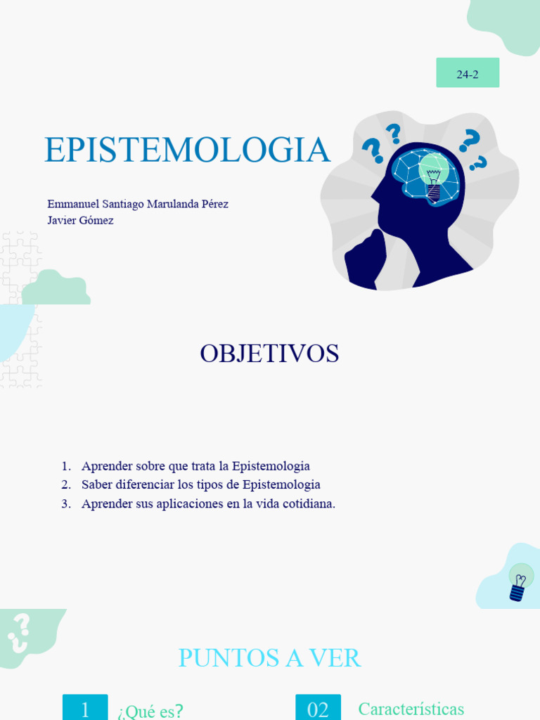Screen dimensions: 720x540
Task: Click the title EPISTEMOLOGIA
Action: (x=187, y=150)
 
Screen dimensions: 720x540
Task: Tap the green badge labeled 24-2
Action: (x=468, y=73)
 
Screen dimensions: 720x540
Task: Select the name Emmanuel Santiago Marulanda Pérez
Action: (x=138, y=204)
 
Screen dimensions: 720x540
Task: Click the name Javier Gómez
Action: (x=80, y=220)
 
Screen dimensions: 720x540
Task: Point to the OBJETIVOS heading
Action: (x=269, y=354)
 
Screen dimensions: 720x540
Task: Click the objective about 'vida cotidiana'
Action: (x=208, y=503)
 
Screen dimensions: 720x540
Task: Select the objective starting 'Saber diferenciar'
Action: (x=200, y=484)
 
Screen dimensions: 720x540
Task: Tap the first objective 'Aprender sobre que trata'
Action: (x=195, y=465)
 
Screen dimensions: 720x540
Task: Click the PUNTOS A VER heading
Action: (x=269, y=658)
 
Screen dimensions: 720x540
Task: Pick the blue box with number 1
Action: (x=85, y=708)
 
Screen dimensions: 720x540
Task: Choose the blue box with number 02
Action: (x=318, y=708)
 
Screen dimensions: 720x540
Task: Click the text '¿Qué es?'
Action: (x=150, y=711)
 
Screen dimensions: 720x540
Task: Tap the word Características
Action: (x=411, y=709)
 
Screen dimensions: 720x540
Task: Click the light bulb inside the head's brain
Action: (x=433, y=176)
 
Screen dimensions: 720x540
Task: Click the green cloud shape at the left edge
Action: (x=56, y=288)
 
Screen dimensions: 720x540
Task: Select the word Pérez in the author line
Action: (x=214, y=204)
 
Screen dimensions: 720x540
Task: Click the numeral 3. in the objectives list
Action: (x=66, y=503)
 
